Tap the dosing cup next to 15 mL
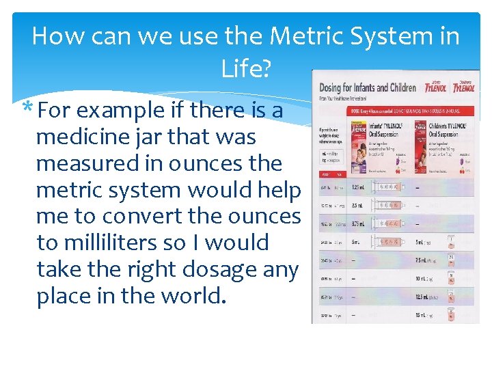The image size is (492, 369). [450, 314]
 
